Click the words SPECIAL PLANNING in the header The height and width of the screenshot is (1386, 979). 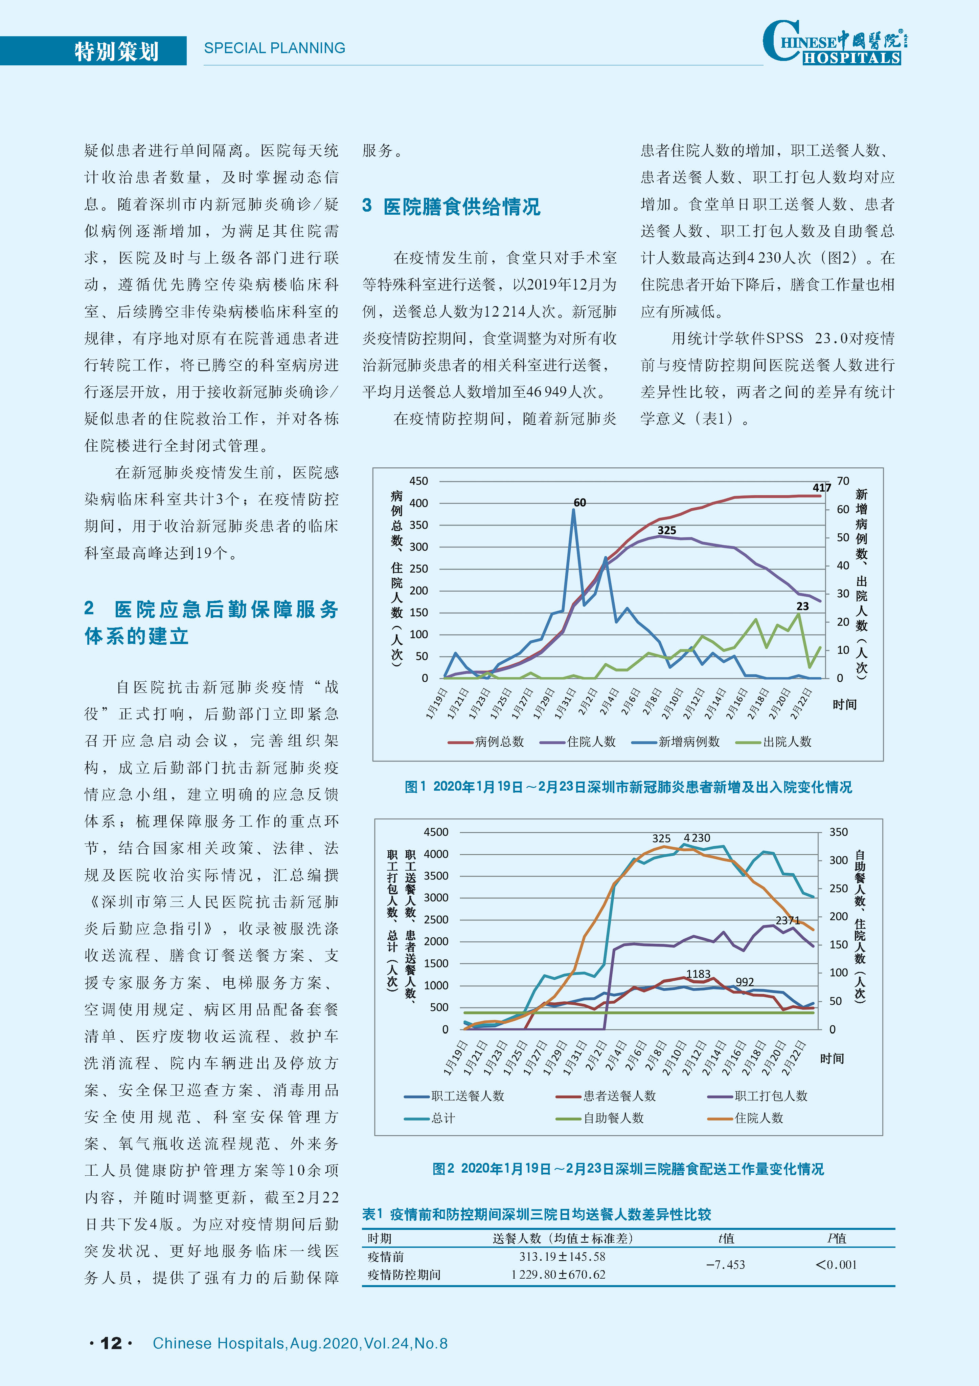[274, 48]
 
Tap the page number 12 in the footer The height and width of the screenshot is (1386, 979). [111, 1343]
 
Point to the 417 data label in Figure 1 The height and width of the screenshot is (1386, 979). [822, 488]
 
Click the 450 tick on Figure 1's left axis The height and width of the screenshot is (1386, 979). [418, 481]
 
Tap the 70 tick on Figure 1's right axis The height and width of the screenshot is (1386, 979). [843, 481]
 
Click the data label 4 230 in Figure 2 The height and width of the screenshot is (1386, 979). [697, 838]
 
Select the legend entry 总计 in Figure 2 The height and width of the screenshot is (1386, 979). [430, 1118]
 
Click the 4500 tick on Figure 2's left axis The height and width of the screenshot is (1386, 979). [436, 832]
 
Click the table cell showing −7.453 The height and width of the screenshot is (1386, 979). [726, 1265]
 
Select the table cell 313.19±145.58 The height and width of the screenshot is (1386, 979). [562, 1256]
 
